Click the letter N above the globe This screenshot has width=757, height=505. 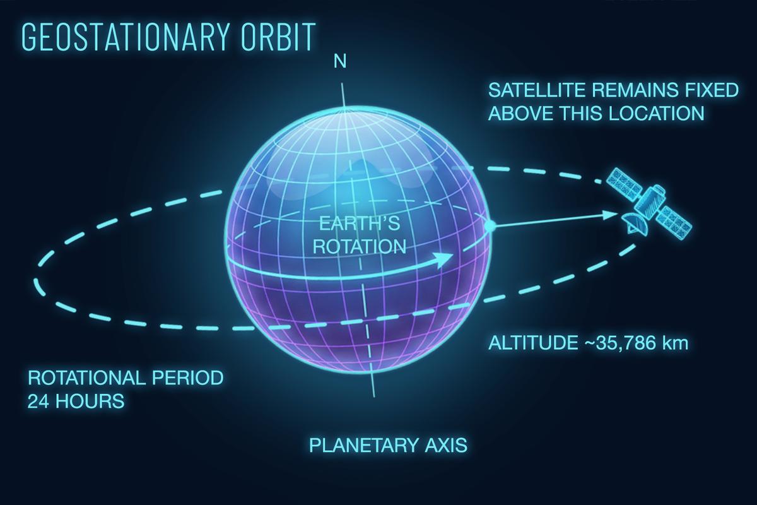(340, 61)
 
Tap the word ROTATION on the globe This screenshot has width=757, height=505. (360, 246)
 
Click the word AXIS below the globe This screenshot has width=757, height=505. (444, 445)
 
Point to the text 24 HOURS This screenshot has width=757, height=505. (75, 401)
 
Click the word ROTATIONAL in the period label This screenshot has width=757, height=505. (85, 378)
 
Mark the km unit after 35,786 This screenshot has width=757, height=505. (674, 344)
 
